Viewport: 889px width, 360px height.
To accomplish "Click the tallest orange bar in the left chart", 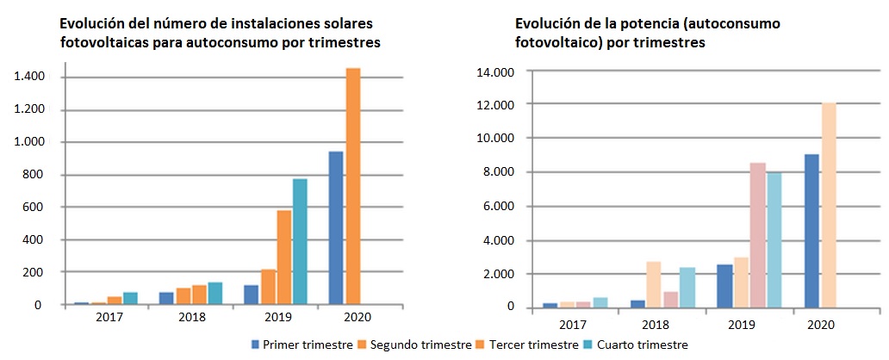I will pyautogui.click(x=353, y=186).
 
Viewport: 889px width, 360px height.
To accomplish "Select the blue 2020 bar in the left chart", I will pyautogui.click(x=336, y=228).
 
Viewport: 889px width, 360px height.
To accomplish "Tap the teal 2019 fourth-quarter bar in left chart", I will pyautogui.click(x=300, y=241).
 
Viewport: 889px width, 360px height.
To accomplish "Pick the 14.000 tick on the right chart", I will pyautogui.click(x=494, y=71).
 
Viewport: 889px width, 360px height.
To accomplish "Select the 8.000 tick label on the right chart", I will pyautogui.click(x=498, y=172).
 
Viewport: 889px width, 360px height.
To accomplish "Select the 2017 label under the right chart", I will pyautogui.click(x=572, y=325).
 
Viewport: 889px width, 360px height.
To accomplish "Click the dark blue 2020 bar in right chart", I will pyautogui.click(x=811, y=231).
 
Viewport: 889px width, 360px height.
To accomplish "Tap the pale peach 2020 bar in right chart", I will pyautogui.click(x=829, y=205).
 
